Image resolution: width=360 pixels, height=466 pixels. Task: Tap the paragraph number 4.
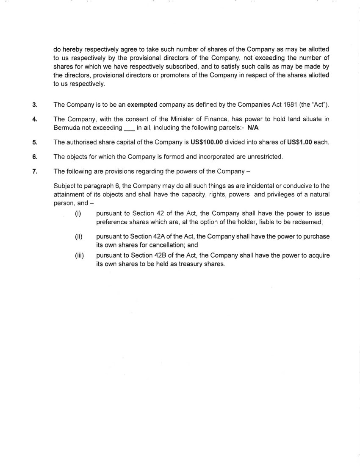tap(34, 119)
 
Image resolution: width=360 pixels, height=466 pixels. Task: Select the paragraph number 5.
tap(34, 142)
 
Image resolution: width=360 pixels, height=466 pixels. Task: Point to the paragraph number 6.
tap(34, 157)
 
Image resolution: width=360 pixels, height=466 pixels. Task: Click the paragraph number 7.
tap(34, 172)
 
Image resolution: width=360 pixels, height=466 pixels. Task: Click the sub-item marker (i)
tap(78, 214)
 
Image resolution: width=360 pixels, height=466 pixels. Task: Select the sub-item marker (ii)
tap(78, 236)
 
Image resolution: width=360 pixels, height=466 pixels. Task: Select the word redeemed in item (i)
tap(309, 222)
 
